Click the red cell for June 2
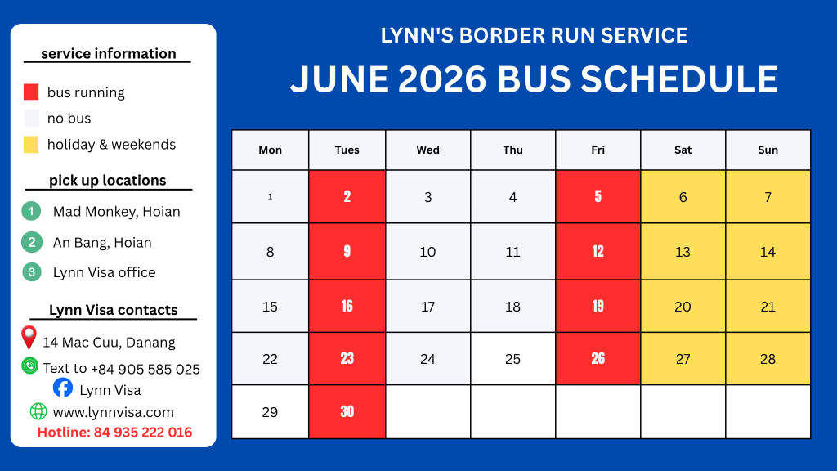347,196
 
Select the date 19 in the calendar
598,306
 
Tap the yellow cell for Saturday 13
683,252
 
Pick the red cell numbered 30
347,412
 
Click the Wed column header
427,150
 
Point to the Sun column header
768,150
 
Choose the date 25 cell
512,359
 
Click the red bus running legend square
31,92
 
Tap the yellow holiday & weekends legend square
31,144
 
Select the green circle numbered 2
32,242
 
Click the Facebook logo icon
62,388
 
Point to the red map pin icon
29,338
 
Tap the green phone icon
30,366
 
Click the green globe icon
38,411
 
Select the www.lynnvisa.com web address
113,412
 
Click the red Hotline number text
114,432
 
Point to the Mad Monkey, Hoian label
116,212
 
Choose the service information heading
109,53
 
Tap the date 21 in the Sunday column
768,307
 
